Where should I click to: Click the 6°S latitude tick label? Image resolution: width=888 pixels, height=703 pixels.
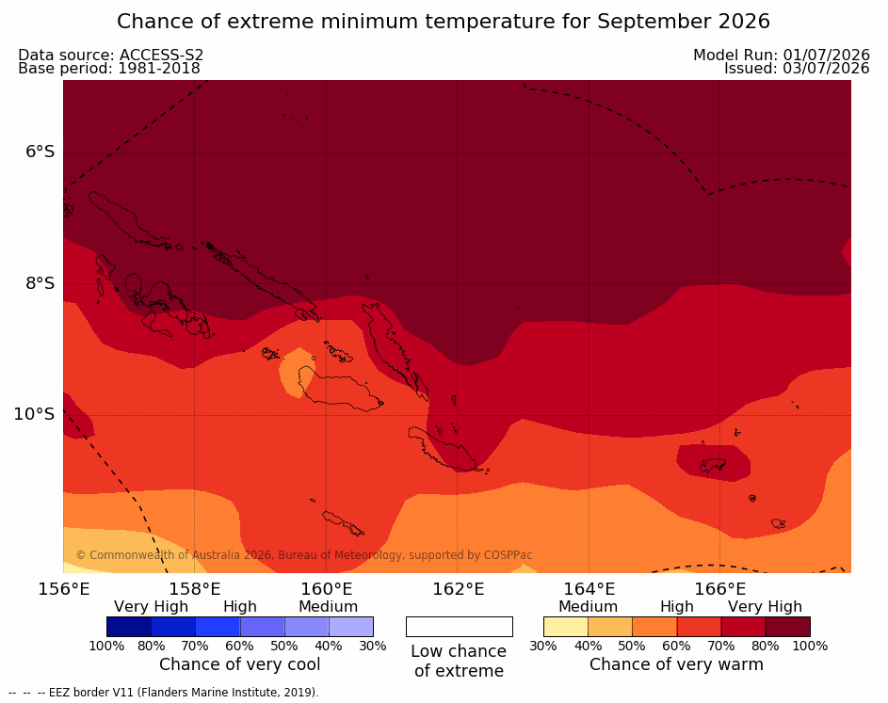pos(40,152)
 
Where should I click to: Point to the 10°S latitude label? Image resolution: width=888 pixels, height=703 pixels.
pos(35,414)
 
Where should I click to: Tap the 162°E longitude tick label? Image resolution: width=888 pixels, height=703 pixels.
pos(459,589)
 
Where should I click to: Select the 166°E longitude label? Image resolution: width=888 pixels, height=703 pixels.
pos(719,589)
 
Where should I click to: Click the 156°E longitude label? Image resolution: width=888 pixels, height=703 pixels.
pos(64,589)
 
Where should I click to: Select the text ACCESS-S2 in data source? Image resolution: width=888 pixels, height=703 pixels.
pos(161,55)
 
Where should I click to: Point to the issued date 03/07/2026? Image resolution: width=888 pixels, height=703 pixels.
pos(826,69)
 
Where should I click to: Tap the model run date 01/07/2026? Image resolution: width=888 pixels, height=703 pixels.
pos(826,55)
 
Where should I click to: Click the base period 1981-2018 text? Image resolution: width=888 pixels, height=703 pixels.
pos(159,69)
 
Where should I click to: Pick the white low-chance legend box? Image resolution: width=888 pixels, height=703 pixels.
pos(460,627)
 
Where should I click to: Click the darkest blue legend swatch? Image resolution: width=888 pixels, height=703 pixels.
pos(129,627)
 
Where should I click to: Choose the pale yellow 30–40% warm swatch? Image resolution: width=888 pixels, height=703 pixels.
pos(566,627)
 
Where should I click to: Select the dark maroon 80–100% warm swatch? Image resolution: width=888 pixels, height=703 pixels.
pos(788,627)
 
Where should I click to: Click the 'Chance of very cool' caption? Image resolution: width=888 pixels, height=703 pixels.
pos(239,664)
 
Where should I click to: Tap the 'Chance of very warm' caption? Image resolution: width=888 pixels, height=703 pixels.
pos(676,664)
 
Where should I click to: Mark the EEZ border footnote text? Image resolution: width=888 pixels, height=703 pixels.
pos(164,693)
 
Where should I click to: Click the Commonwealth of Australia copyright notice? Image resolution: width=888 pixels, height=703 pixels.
pos(304,555)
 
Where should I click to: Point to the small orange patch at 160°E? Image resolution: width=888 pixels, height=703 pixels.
pos(296,373)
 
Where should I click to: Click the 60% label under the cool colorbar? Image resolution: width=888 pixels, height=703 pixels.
pos(239,646)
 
